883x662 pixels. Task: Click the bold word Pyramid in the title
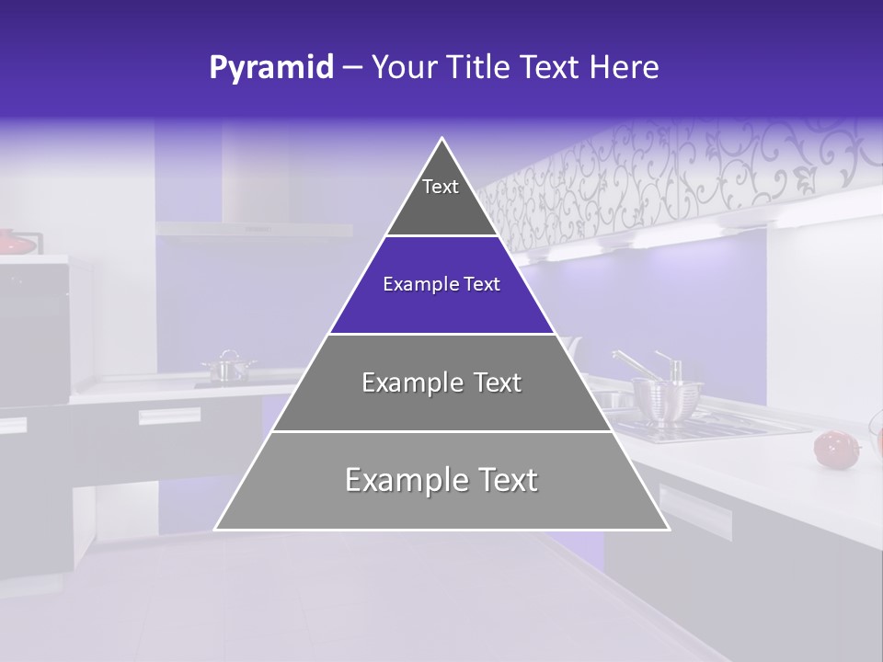click(270, 67)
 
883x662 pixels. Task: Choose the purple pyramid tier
click(441, 285)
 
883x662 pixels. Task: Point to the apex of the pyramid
click(442, 140)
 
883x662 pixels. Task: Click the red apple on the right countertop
click(831, 448)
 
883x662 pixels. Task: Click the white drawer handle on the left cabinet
click(169, 417)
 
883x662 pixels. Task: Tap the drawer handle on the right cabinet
click(694, 511)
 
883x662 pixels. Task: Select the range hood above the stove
click(253, 228)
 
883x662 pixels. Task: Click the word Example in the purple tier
click(417, 285)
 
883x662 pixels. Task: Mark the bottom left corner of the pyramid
click(215, 529)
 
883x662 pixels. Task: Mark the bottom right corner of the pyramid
click(669, 529)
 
